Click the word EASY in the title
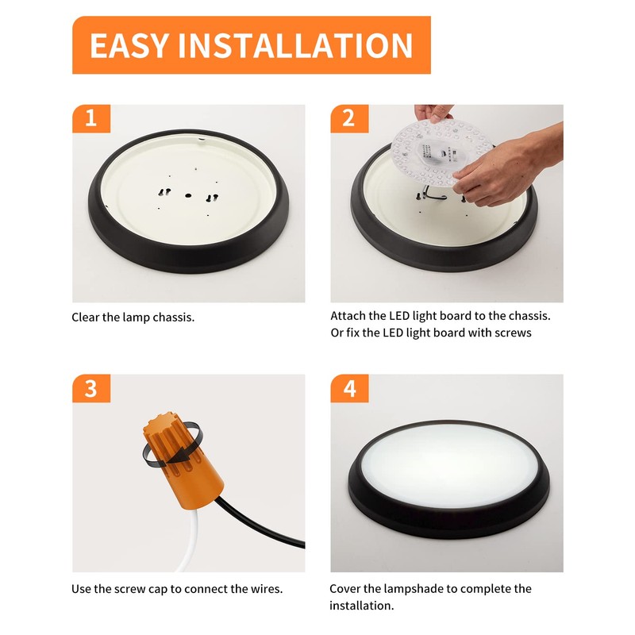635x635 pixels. click(129, 45)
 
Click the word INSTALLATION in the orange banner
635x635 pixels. click(295, 45)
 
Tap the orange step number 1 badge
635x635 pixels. click(90, 118)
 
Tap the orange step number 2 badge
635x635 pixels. click(348, 118)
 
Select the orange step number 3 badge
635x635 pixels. click(90, 388)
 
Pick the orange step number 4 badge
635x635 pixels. click(348, 388)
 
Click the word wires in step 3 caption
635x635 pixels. click(262, 589)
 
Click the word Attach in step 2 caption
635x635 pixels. click(348, 315)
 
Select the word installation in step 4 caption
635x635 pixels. click(360, 606)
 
